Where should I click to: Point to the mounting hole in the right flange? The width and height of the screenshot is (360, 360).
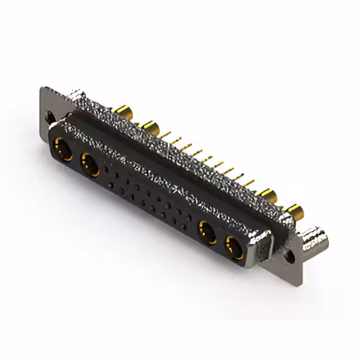click(290, 254)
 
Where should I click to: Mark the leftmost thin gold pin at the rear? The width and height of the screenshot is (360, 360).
click(167, 133)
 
